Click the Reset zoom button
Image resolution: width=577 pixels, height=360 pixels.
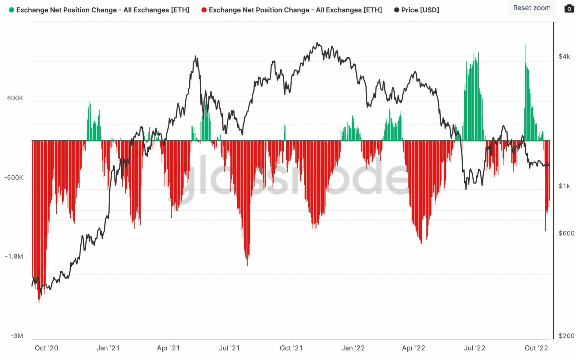click(532, 8)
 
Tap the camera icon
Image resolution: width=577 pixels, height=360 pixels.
click(569, 8)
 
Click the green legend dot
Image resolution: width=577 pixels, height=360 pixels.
click(11, 10)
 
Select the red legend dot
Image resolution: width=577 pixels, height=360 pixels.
click(204, 10)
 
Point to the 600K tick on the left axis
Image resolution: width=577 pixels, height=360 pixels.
click(15, 98)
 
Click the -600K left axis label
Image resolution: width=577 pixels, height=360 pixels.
click(14, 177)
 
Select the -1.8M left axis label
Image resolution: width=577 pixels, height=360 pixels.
click(14, 256)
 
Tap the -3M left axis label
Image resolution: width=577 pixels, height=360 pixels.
click(17, 336)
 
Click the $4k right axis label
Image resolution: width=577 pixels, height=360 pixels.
click(564, 56)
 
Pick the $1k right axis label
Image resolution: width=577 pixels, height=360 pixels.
click(564, 186)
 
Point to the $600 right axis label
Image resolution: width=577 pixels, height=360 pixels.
click(566, 233)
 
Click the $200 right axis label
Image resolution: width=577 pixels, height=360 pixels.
click(566, 336)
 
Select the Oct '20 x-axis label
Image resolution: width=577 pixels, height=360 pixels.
click(46, 348)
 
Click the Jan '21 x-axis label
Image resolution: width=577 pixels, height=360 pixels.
click(108, 348)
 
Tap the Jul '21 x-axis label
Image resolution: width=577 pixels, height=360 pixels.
click(230, 348)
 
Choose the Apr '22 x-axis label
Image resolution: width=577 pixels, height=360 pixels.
click(413, 348)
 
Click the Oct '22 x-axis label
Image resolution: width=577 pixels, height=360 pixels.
click(536, 348)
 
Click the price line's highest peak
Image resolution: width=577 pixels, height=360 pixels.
click(317, 43)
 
